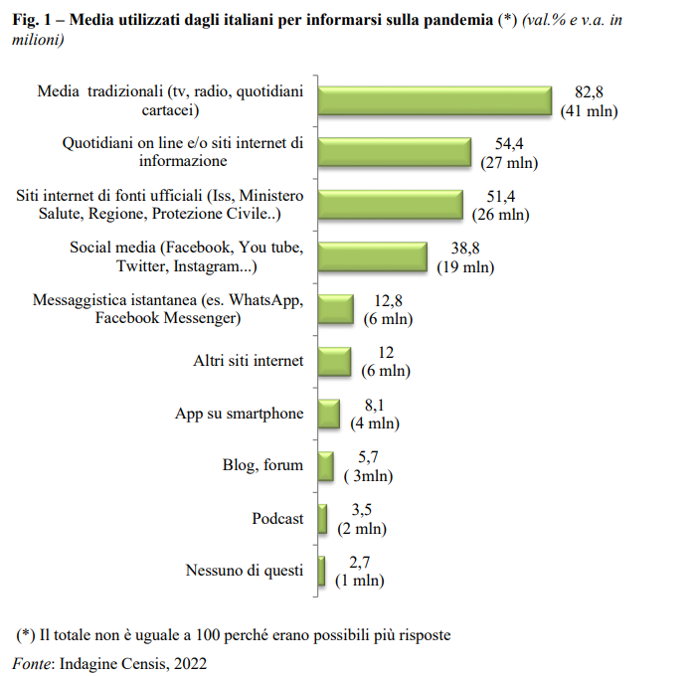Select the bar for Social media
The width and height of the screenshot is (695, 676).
tap(373, 256)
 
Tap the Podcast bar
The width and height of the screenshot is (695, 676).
tap(323, 518)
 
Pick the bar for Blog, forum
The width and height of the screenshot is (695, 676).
tap(325, 465)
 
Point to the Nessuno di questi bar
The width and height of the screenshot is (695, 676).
tap(322, 571)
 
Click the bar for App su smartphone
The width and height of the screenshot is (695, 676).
tap(328, 413)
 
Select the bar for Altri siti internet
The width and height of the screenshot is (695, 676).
tap(334, 361)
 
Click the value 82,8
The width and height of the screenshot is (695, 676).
tap(590, 91)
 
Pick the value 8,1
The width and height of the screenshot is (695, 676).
tap(375, 405)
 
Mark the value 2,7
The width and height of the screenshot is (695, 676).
tap(359, 562)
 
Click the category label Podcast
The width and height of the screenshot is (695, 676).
tap(278, 518)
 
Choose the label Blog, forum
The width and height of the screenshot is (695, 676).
tap(262, 465)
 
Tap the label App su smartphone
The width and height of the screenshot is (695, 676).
tap(240, 413)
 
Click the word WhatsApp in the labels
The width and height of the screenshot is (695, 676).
tap(264, 300)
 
